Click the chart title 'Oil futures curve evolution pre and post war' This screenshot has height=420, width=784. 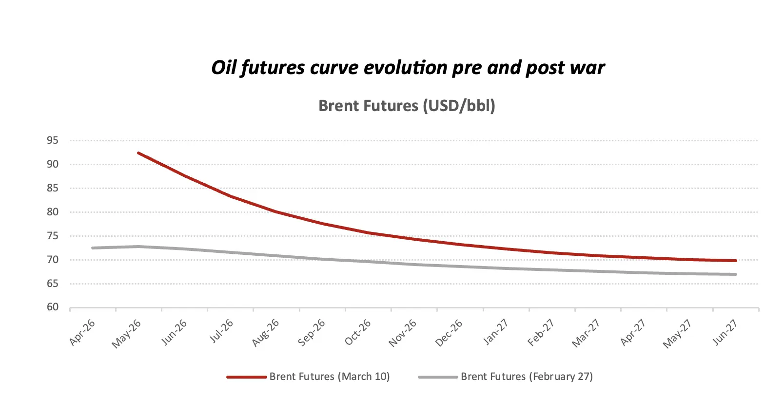tap(408, 68)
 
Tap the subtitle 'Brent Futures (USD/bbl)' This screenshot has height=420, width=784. tap(407, 106)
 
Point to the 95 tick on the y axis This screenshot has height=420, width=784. tap(53, 141)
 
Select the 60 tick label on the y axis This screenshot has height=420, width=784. tap(53, 307)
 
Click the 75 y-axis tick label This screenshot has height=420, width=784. tap(53, 236)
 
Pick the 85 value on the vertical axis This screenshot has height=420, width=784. tap(53, 188)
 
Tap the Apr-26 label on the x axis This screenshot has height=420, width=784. tap(82, 332)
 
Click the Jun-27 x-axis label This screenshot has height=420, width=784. tap(725, 332)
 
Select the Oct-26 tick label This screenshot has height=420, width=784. tap(358, 332)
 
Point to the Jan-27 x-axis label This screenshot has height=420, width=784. tap(495, 332)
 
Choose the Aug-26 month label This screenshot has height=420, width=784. tap(266, 333)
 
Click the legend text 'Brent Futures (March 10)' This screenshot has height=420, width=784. tap(330, 377)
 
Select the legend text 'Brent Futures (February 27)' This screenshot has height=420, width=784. tap(527, 377)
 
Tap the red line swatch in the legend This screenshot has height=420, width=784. tap(246, 377)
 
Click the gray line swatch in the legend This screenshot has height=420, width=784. tap(438, 377)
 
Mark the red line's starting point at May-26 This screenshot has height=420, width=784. tap(138, 153)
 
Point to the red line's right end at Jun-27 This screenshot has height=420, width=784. tap(736, 261)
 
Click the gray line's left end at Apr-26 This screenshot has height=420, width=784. tap(93, 248)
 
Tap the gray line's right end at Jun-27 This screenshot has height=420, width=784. tap(736, 274)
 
